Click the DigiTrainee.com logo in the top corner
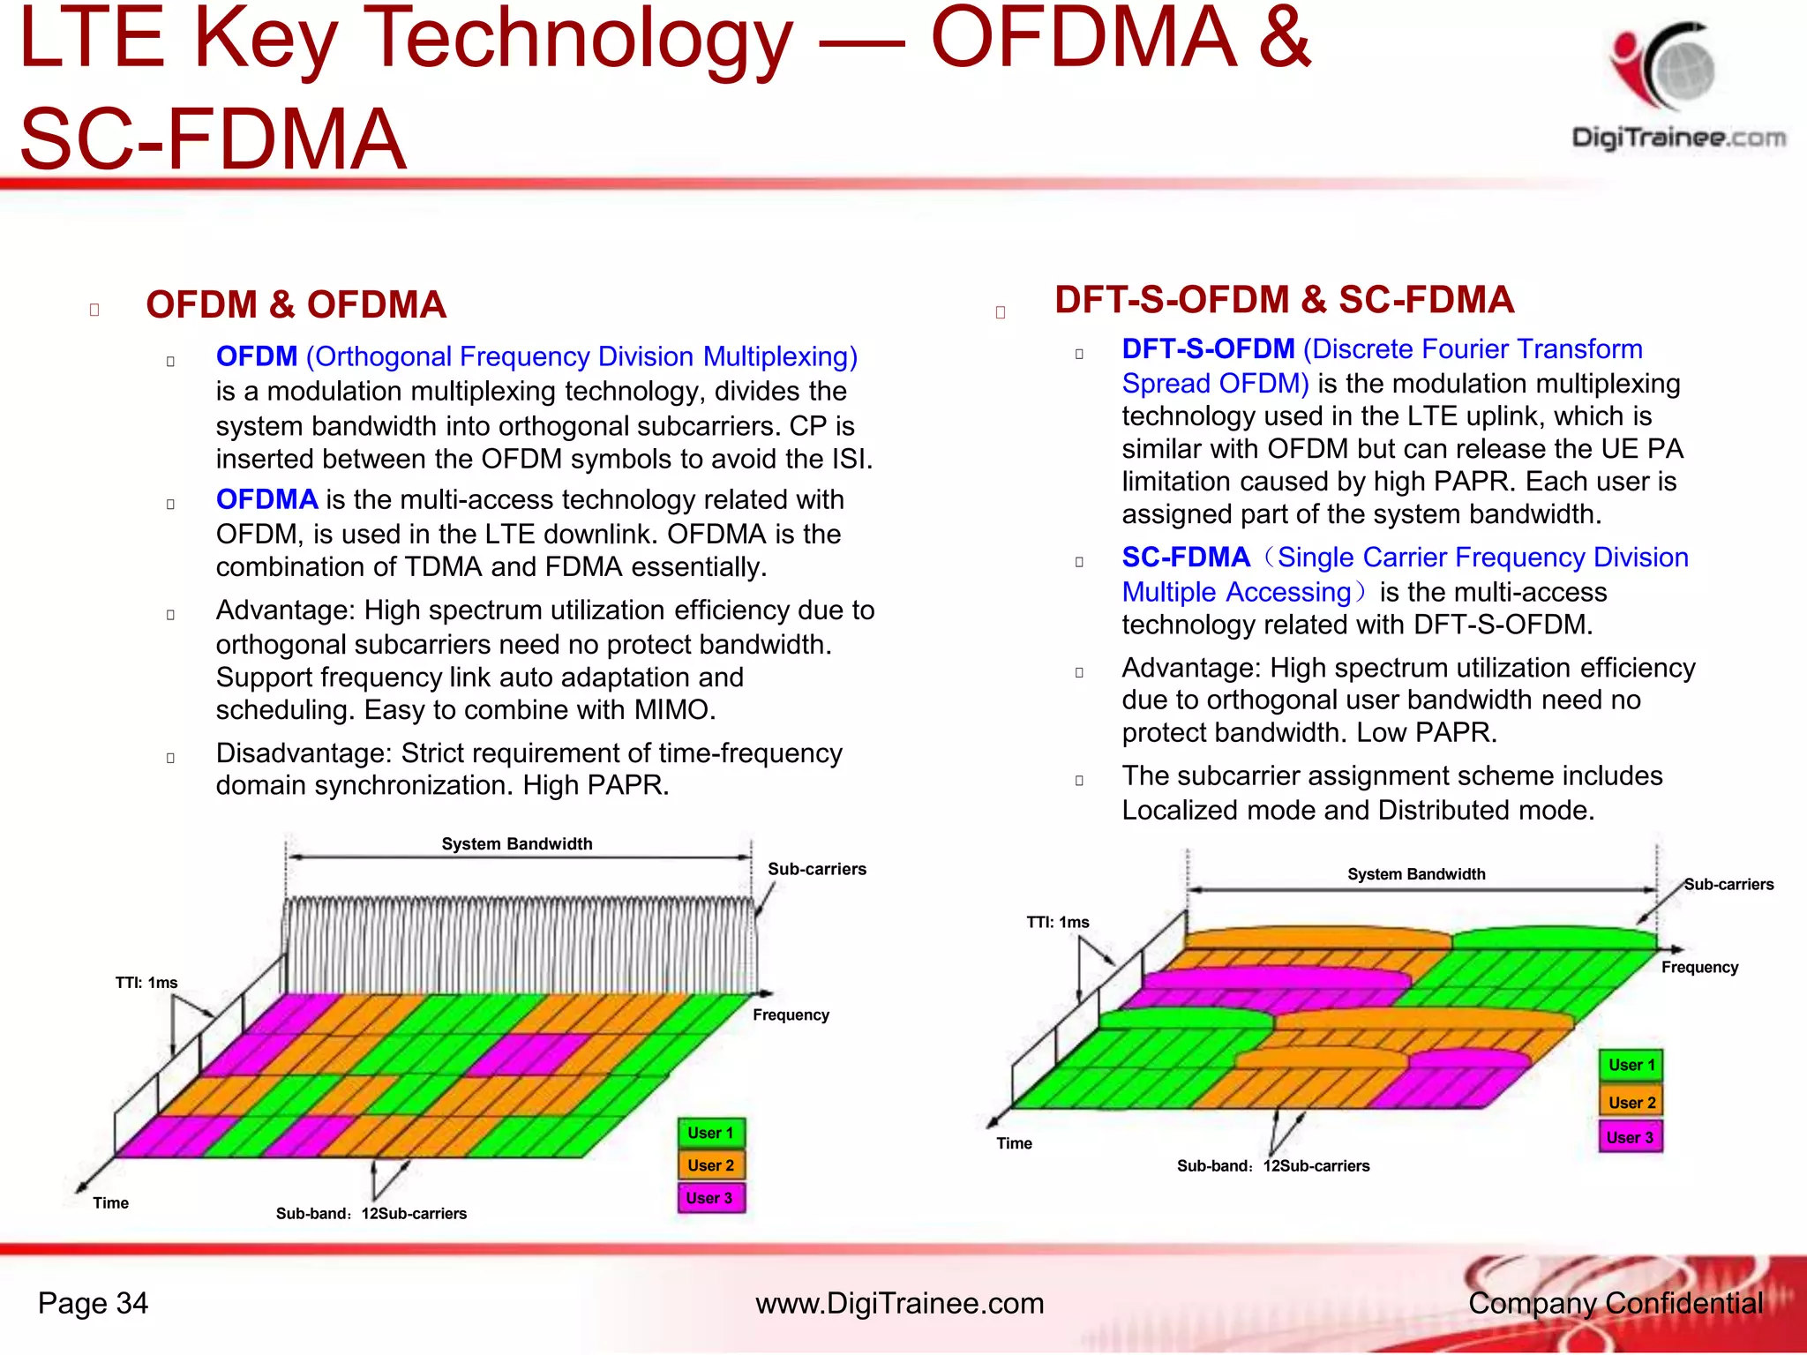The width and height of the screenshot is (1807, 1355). (x=1676, y=88)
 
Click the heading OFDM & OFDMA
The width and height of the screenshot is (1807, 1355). (x=296, y=305)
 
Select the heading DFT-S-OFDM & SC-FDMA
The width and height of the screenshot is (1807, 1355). (x=1284, y=300)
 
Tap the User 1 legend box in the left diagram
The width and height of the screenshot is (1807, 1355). (x=710, y=1133)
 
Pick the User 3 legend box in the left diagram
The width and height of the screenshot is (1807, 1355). (x=710, y=1198)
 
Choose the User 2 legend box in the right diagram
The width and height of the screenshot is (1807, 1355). (x=1631, y=1102)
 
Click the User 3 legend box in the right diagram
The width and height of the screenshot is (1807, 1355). (x=1630, y=1137)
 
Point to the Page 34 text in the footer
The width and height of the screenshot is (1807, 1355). (x=93, y=1303)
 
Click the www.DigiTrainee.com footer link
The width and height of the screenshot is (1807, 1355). (x=899, y=1303)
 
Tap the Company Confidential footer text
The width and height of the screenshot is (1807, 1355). (x=1615, y=1303)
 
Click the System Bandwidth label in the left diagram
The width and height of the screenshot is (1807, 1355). (x=517, y=843)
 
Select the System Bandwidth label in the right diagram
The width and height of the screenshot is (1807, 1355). (x=1416, y=874)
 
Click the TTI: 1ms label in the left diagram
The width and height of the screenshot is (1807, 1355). (x=146, y=983)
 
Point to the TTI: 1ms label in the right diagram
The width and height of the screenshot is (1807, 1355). (x=1057, y=922)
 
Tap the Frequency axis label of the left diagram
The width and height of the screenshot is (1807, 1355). (x=791, y=1014)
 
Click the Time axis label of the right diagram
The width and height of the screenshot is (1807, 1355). (x=1014, y=1143)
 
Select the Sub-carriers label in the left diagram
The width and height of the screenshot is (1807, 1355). (x=817, y=869)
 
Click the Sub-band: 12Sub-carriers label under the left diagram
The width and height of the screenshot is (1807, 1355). (x=371, y=1214)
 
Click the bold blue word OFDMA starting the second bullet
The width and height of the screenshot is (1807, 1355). (x=266, y=500)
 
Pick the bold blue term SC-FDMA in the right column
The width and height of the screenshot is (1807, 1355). (x=1186, y=558)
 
